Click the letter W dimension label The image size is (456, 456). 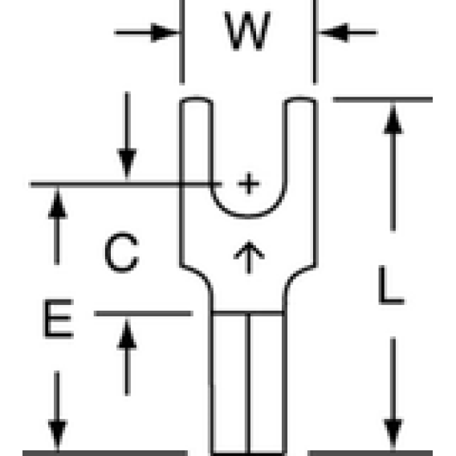[247, 31]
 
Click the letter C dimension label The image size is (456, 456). [122, 252]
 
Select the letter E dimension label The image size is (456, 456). [58, 319]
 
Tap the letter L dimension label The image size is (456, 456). [392, 285]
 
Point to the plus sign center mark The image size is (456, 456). [249, 184]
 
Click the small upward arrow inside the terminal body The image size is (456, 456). [249, 257]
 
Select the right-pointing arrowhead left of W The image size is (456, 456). [165, 32]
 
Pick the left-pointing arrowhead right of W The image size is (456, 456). [333, 32]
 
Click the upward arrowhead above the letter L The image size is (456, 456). [393, 120]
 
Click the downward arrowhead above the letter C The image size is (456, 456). [127, 164]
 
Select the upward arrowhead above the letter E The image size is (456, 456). [58, 203]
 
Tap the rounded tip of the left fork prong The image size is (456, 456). [197, 98]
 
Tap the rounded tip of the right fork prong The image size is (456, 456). [300, 98]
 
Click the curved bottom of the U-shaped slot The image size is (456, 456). [248, 216]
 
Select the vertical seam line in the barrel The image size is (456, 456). [248, 383]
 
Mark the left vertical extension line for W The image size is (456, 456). [182, 43]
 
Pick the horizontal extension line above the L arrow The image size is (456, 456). [383, 100]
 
